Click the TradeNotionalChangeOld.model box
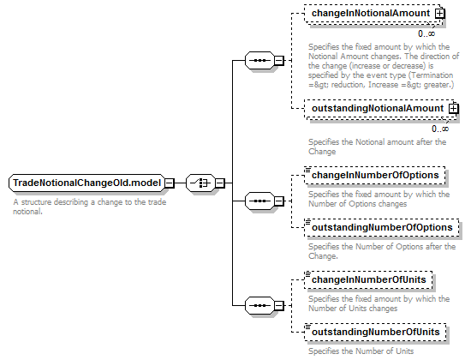(x=86, y=183)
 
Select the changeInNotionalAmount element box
(x=373, y=14)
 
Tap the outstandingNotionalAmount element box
(x=379, y=109)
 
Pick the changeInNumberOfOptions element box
(x=374, y=176)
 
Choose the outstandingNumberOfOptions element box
(x=381, y=228)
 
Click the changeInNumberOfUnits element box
(x=368, y=280)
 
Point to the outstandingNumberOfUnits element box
(x=375, y=333)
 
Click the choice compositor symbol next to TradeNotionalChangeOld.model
(x=200, y=183)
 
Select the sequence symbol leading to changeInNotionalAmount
(x=259, y=61)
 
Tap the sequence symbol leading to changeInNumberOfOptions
(x=259, y=201)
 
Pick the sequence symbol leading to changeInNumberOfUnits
(x=259, y=305)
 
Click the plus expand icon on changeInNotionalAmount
(x=440, y=14)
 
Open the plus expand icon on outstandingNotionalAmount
(x=454, y=109)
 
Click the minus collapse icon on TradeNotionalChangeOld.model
(x=170, y=183)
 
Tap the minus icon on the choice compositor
(x=220, y=183)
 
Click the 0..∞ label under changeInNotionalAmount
(x=426, y=34)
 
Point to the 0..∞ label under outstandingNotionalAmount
(x=440, y=129)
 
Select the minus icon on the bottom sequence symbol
(x=279, y=305)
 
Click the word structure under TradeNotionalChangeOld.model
(x=36, y=202)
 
